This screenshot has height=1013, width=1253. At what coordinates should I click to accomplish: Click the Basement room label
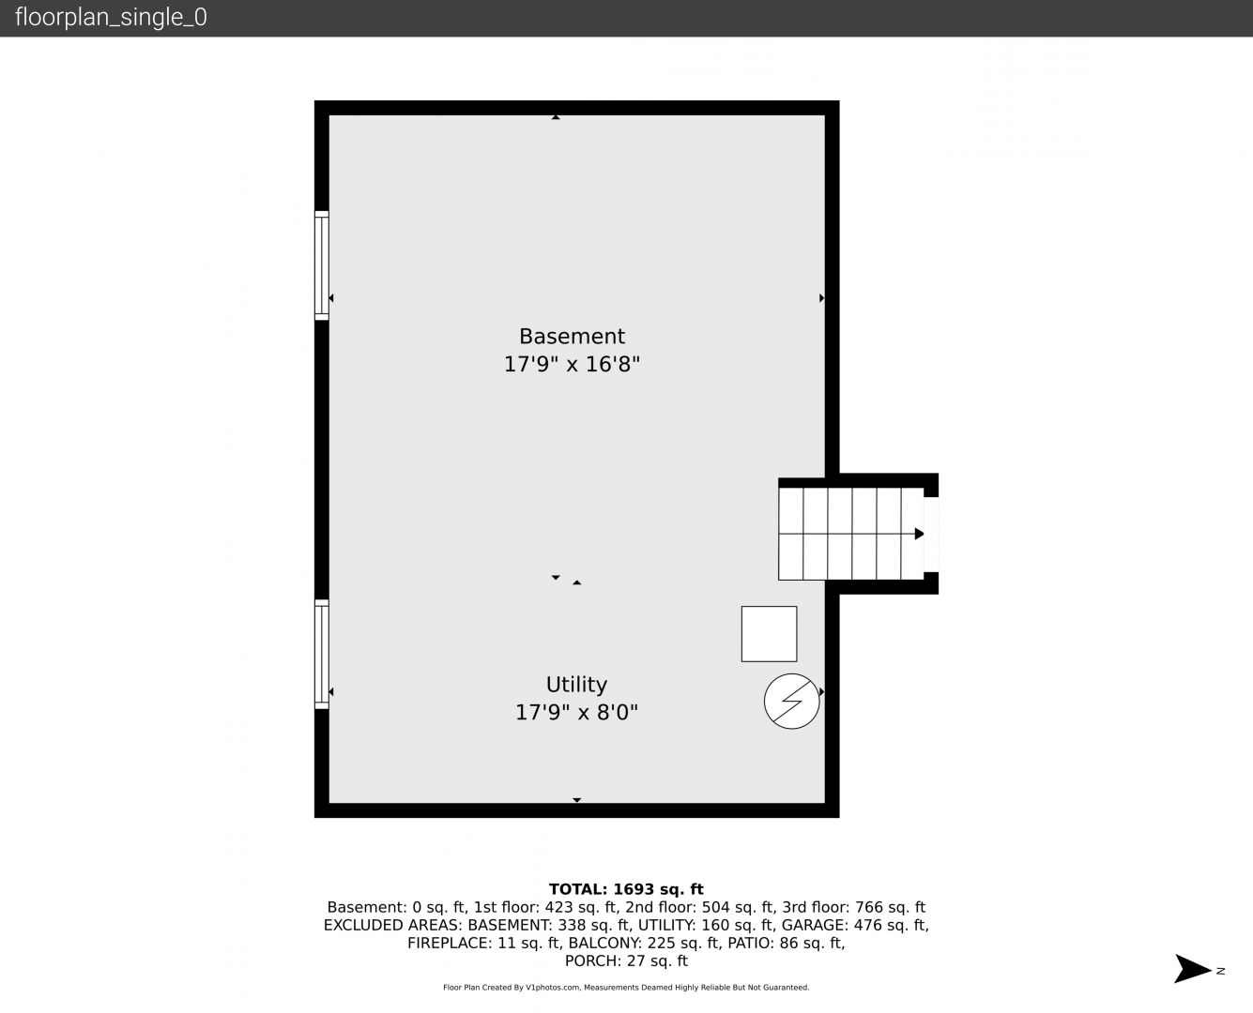(x=572, y=337)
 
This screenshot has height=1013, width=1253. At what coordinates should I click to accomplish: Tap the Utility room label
(x=576, y=685)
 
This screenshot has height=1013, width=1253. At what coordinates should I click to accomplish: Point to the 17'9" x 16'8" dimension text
(x=572, y=364)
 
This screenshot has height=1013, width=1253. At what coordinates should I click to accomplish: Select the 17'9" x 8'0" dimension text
(x=576, y=713)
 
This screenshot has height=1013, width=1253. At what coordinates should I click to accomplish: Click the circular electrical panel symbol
(x=791, y=701)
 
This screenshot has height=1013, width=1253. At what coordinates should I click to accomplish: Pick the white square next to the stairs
(x=769, y=634)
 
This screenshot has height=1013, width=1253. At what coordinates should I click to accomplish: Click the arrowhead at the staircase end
(x=919, y=534)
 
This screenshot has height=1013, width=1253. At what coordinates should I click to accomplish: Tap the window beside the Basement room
(x=321, y=265)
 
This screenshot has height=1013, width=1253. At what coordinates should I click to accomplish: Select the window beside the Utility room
(x=321, y=654)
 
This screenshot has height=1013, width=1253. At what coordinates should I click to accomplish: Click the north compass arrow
(x=1192, y=969)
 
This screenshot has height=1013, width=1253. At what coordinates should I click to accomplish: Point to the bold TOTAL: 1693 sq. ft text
(x=626, y=889)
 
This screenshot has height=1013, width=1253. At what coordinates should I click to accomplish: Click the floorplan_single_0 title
(x=111, y=17)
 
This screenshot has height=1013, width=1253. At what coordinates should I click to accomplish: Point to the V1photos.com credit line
(x=626, y=988)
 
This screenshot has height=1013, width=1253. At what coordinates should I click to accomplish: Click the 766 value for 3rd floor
(x=868, y=907)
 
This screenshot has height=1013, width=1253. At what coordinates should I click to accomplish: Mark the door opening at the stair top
(x=931, y=535)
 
